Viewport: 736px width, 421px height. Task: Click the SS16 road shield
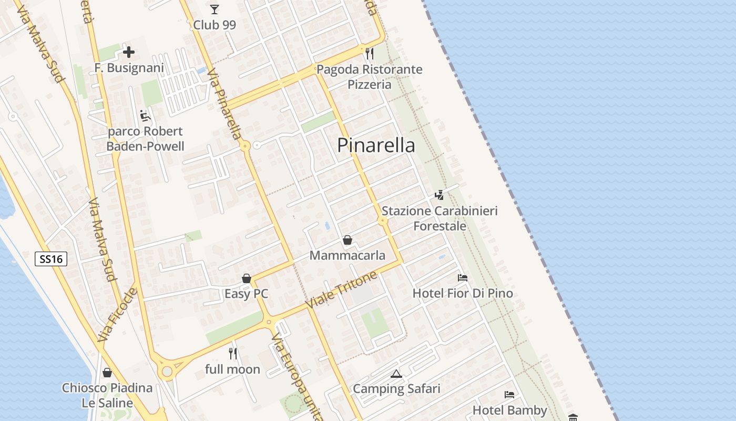point(51,258)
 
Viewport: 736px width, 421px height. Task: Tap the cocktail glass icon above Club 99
point(214,9)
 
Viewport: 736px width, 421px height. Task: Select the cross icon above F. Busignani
point(129,52)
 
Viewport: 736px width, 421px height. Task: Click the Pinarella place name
point(376,145)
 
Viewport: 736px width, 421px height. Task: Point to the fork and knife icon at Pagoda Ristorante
point(370,53)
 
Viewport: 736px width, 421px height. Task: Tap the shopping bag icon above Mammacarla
point(347,240)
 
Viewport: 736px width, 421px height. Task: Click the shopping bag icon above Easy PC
point(246,278)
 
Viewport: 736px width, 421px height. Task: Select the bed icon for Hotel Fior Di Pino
point(463,278)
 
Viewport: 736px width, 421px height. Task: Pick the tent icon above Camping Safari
point(396,374)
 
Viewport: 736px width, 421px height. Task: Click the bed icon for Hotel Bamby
point(509,394)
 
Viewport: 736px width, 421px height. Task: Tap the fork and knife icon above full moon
point(233,354)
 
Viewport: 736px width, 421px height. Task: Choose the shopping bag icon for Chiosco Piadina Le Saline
point(107,373)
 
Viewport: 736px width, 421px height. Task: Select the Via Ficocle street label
point(117,315)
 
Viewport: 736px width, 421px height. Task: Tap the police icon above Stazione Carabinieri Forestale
point(439,195)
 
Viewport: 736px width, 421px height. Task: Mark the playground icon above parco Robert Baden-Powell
point(145,115)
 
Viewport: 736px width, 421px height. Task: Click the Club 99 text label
point(214,25)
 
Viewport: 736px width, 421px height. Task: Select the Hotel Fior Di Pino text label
point(463,293)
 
